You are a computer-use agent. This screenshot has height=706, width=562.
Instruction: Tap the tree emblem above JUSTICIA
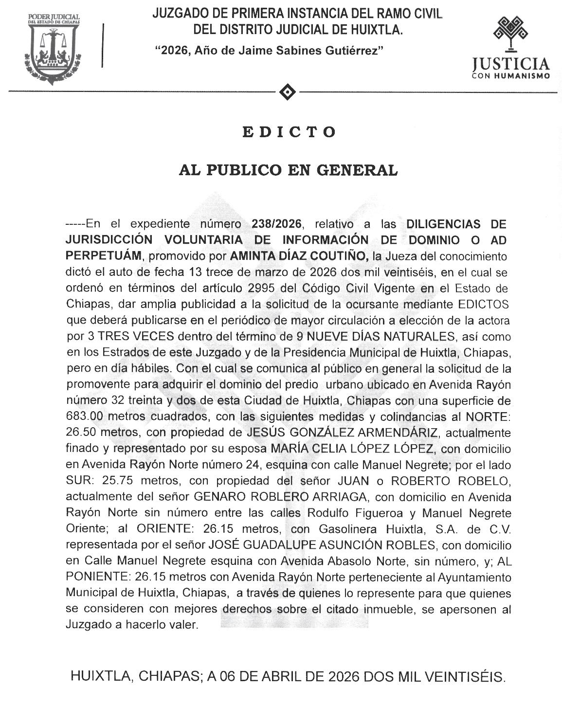click(x=510, y=34)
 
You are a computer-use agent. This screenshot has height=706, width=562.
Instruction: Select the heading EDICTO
click(x=289, y=132)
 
